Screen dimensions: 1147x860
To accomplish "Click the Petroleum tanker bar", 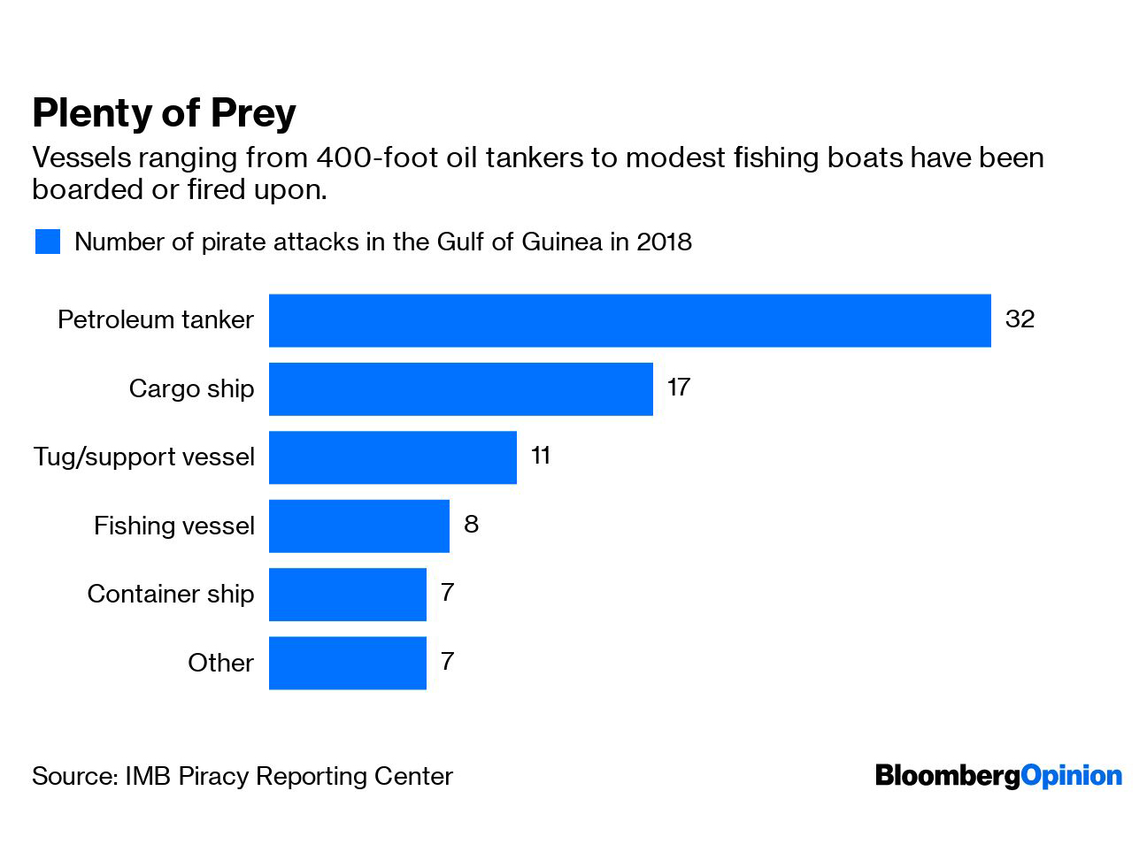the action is coord(629,320).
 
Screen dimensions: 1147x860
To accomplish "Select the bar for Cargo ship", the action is coord(461,389).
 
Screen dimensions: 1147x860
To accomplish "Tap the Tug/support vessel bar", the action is coord(393,457).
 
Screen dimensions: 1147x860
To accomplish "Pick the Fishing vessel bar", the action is coord(359,526).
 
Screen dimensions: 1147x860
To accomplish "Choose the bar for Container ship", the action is coord(348,595).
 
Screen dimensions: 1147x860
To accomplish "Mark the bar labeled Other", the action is coord(348,664).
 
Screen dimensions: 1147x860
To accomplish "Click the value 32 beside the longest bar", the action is coord(1020,319).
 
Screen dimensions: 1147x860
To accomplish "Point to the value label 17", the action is coord(679,388).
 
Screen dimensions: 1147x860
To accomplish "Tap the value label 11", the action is coord(541,456).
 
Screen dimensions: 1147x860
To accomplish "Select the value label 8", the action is coord(471,525).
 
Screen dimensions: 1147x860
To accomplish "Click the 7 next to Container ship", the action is coord(447,593).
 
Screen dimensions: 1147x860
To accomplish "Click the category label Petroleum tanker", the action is coord(156,319).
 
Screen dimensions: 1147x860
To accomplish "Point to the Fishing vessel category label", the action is coord(174,526).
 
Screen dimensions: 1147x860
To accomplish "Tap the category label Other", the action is coord(220,663).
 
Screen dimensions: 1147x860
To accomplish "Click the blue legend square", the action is coord(48,242).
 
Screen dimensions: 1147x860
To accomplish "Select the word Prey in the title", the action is coord(253,114).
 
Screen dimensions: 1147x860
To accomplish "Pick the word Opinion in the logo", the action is coord(1071,777).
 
